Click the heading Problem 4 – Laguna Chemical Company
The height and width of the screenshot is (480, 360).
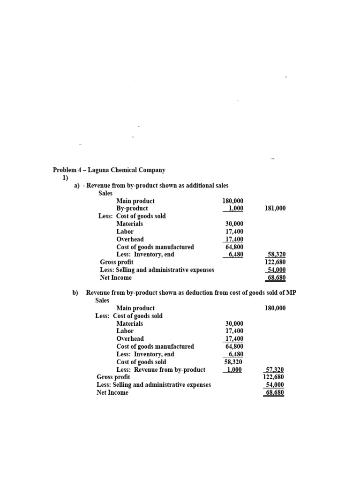(109, 170)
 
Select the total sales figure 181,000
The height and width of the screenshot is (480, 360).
(275, 208)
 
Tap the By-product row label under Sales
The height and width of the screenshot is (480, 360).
(132, 208)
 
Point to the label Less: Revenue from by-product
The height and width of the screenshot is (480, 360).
(161, 369)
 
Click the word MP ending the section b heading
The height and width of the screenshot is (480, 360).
(291, 292)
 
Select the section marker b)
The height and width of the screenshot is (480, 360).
(75, 292)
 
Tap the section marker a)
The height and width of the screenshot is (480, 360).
(77, 186)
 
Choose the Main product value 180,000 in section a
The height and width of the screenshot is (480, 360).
(233, 201)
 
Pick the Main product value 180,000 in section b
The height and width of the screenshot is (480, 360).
(275, 308)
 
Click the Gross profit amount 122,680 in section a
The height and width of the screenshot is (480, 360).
(275, 262)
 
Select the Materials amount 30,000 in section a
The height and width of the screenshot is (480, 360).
(234, 224)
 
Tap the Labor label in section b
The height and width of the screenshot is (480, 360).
(125, 331)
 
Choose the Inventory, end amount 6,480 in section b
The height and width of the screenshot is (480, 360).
(235, 354)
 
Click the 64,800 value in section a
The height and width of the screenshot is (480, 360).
(234, 247)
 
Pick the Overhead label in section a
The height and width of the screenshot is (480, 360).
(130, 239)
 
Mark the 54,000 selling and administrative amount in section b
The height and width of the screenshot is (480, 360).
(276, 384)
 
